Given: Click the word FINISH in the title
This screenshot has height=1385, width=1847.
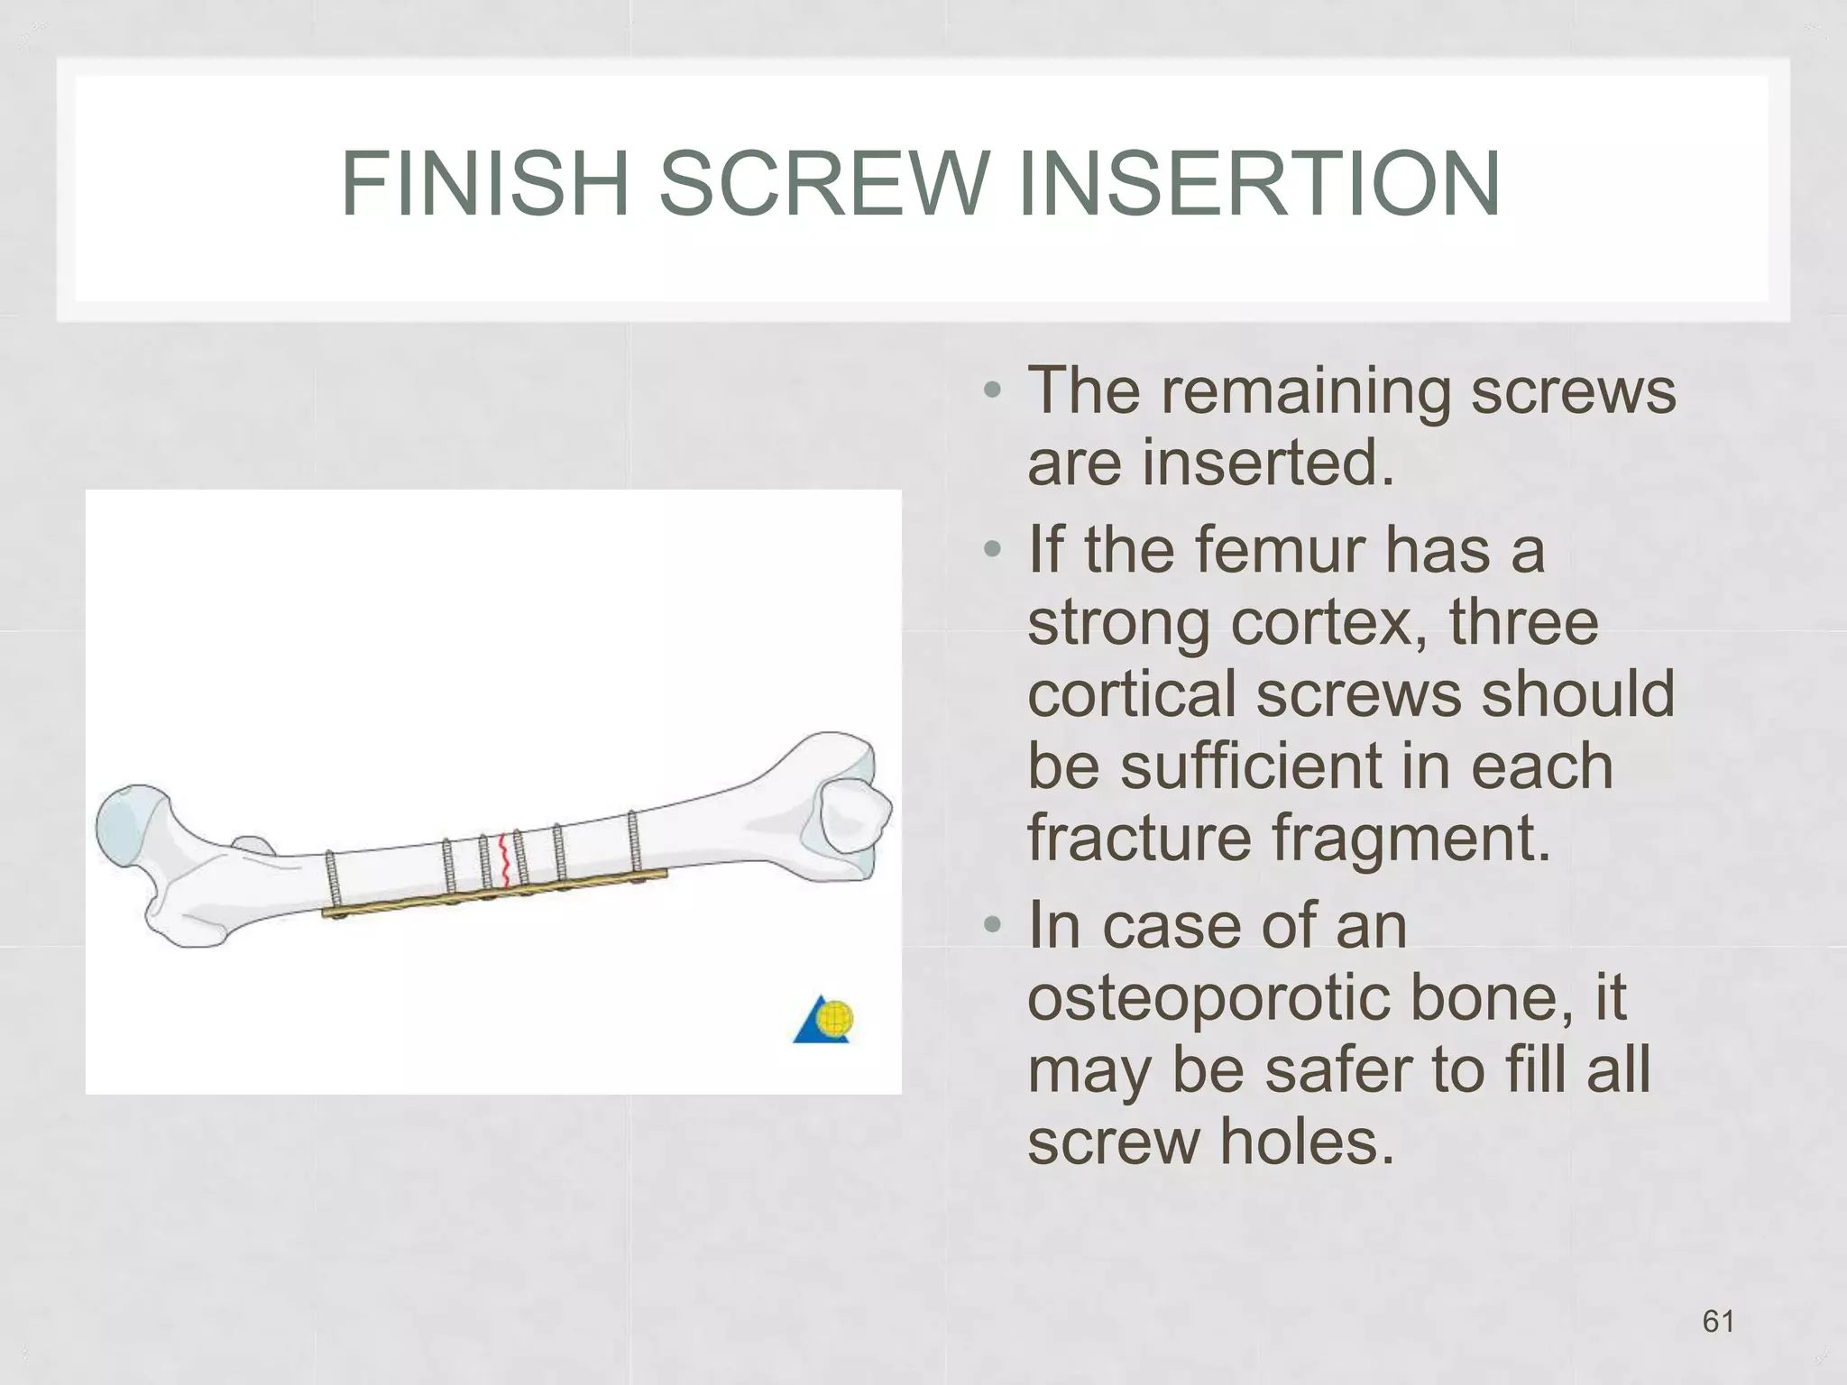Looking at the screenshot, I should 485,184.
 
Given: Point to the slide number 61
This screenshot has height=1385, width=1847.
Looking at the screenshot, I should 1718,1321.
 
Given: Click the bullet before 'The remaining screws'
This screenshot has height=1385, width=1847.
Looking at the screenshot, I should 993,390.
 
